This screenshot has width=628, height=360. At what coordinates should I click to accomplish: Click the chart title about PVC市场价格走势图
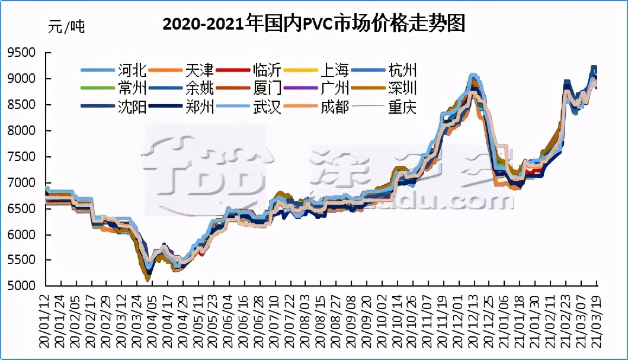pos(314,24)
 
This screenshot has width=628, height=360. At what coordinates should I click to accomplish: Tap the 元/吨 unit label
pos(66,27)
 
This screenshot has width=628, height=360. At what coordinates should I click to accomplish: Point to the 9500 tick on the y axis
pos(21,53)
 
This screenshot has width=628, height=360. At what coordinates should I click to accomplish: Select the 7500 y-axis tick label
pos(21,157)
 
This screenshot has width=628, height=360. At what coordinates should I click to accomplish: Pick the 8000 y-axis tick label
pos(21,131)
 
